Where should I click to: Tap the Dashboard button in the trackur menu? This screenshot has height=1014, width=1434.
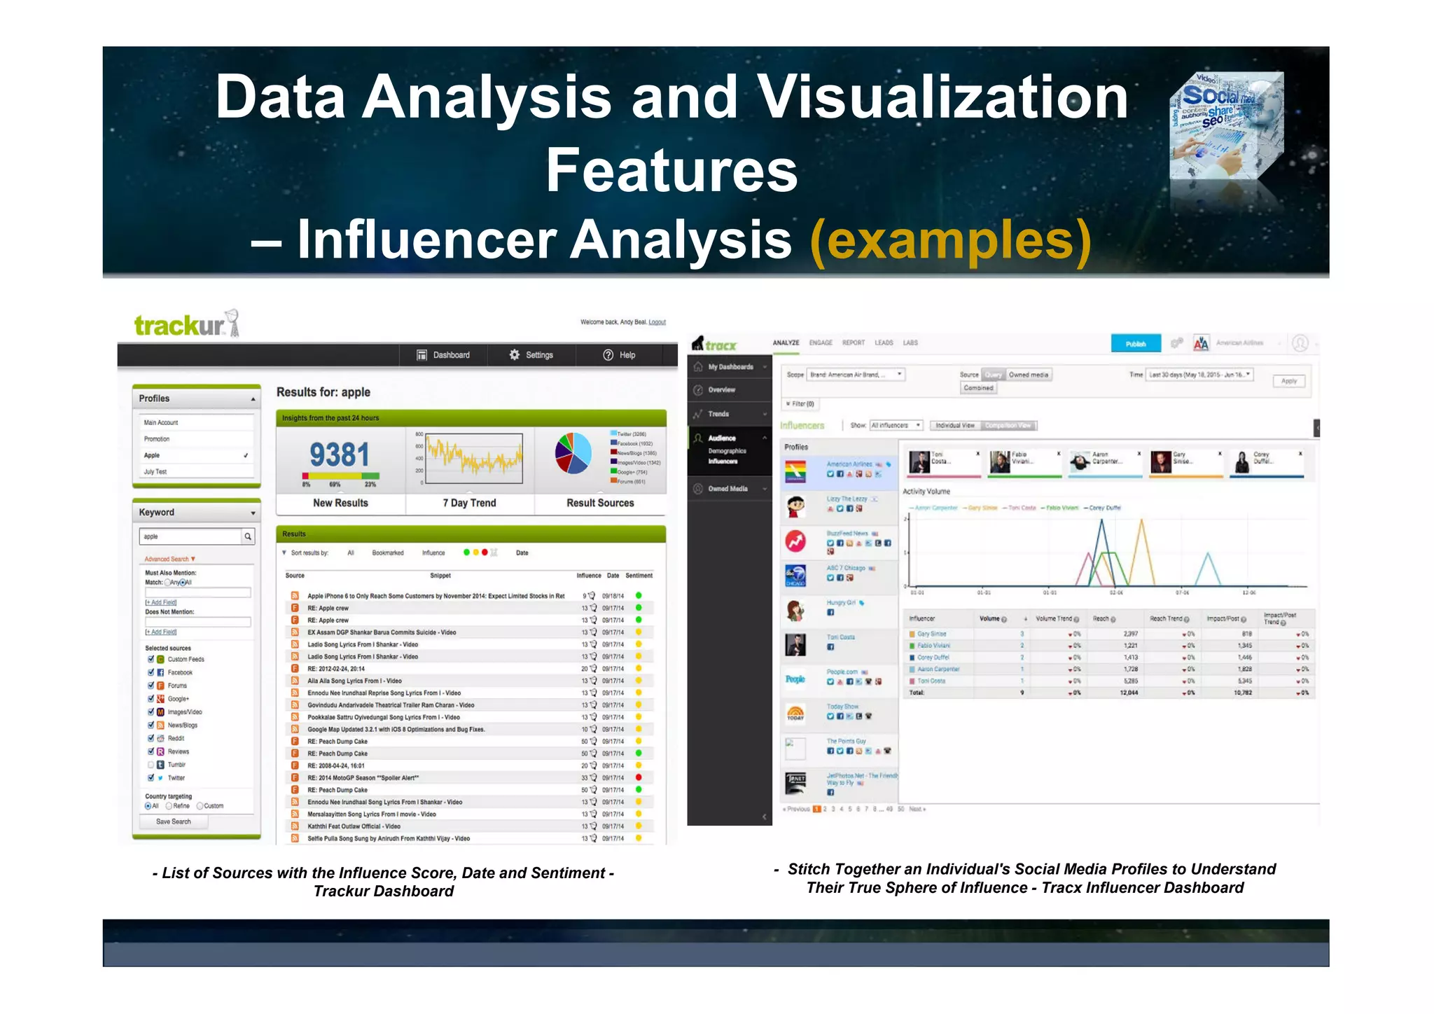tap(443, 355)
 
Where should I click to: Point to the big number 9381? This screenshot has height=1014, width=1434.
tap(340, 455)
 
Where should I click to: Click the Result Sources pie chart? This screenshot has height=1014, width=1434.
tap(573, 453)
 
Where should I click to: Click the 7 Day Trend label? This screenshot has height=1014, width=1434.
tap(469, 503)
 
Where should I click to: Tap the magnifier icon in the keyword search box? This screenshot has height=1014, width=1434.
tap(248, 536)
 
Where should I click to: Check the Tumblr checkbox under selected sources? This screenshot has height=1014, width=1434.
tap(151, 765)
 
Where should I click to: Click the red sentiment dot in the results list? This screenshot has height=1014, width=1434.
tap(639, 777)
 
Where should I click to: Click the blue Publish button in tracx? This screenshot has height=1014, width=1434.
tap(1135, 344)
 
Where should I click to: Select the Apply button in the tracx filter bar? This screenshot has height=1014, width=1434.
tap(1289, 381)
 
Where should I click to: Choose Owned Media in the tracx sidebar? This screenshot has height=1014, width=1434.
tap(728, 489)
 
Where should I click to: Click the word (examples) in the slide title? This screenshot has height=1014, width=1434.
tap(950, 240)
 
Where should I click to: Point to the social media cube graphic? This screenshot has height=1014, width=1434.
tap(1227, 126)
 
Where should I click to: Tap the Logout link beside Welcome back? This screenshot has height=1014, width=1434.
tap(657, 322)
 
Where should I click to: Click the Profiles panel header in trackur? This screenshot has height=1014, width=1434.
tap(196, 398)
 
